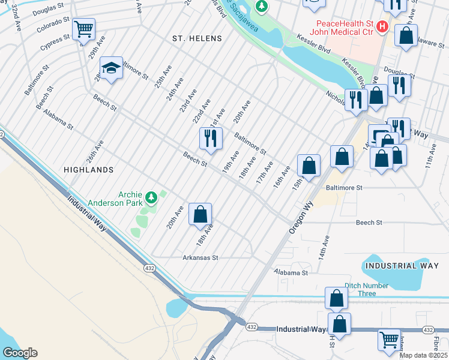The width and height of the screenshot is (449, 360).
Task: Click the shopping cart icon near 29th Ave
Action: [83, 28]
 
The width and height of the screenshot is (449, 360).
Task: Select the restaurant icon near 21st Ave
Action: [211, 139]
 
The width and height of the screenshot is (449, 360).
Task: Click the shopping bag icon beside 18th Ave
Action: [200, 214]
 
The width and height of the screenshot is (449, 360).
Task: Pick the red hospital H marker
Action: [382, 28]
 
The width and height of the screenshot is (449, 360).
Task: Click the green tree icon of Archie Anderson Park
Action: [152, 196]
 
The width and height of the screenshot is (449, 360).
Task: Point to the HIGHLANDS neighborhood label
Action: [88, 170]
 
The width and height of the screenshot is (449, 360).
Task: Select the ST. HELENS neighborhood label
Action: [197, 38]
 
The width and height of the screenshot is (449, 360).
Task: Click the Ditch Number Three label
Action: [369, 290]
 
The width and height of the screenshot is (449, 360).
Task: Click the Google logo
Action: [20, 352]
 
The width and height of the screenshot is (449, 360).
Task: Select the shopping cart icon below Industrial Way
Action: [389, 340]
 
